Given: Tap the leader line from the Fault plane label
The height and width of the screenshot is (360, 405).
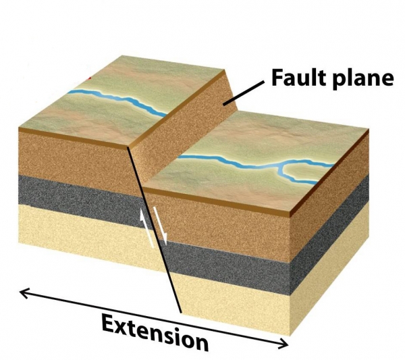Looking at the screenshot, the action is coord(244,93).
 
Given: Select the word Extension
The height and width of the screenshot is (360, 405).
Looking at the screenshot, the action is coord(155,332).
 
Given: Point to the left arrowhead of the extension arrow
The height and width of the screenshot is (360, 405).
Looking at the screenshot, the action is coord(24,293).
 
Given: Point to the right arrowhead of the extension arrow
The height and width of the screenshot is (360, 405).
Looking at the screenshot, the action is coord(283,343).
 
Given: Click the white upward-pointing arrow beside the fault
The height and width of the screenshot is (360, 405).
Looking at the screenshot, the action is coord(147,226).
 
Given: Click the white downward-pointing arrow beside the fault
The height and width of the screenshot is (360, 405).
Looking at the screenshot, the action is coord(161,226).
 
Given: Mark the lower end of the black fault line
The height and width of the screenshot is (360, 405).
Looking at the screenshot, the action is coord(182,313).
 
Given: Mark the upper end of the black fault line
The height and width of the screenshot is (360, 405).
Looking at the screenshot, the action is coord(128,147).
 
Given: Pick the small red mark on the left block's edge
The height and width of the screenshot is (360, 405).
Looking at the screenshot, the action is coord(90,78).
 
